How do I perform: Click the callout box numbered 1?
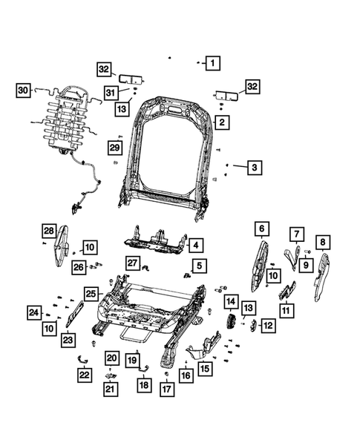[x=212, y=64]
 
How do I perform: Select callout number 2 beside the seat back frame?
[x=220, y=121]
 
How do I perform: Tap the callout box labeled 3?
[x=254, y=168]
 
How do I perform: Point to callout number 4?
[x=195, y=245]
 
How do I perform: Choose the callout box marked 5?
[x=199, y=265]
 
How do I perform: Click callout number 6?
[x=261, y=228]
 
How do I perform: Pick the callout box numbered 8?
[x=323, y=241]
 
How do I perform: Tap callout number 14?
[x=232, y=302]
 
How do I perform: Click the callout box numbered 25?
[x=91, y=293]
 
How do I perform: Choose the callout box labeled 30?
[x=23, y=91]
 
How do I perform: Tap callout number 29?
[x=114, y=148]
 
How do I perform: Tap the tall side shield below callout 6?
[x=260, y=263]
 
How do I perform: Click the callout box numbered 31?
[x=111, y=92]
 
